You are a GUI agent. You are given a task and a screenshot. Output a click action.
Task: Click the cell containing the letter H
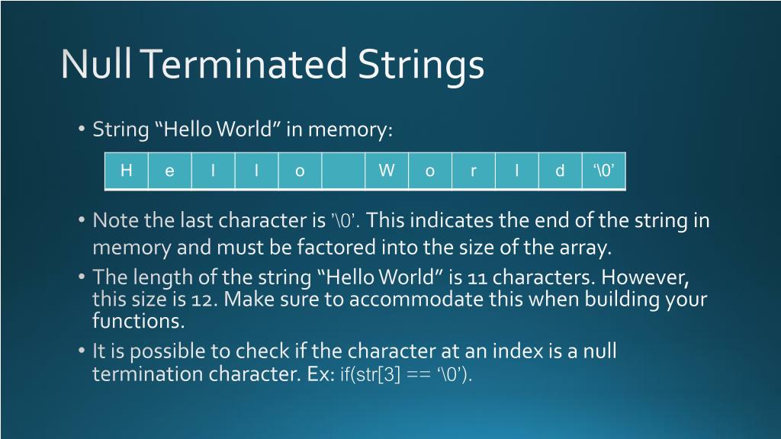click(127, 171)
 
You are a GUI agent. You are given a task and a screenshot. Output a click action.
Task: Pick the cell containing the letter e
click(169, 171)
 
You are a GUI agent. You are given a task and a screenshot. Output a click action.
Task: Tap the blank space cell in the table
click(343, 171)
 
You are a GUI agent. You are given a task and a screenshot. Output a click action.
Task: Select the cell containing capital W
click(387, 171)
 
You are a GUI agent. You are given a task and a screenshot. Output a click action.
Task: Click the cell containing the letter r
click(474, 171)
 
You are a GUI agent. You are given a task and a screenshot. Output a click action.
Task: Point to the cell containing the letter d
click(560, 171)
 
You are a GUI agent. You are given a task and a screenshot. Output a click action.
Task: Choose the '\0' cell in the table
click(604, 171)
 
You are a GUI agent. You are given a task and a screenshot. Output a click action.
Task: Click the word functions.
click(139, 321)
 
